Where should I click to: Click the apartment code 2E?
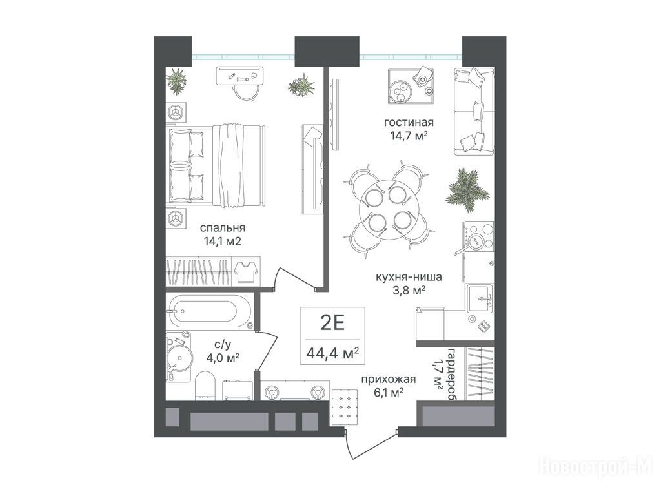tap(332, 324)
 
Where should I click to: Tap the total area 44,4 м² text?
tap(332, 353)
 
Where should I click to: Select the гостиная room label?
tap(409, 122)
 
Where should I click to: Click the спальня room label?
tap(223, 228)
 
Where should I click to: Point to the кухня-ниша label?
tap(409, 277)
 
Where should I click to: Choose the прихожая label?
tap(388, 379)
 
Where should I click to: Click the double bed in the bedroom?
tap(217, 165)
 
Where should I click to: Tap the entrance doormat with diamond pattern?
tap(345, 407)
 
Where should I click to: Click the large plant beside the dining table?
tap(467, 189)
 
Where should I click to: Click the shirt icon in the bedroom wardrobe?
tap(246, 271)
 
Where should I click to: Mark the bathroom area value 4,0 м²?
tap(223, 358)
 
